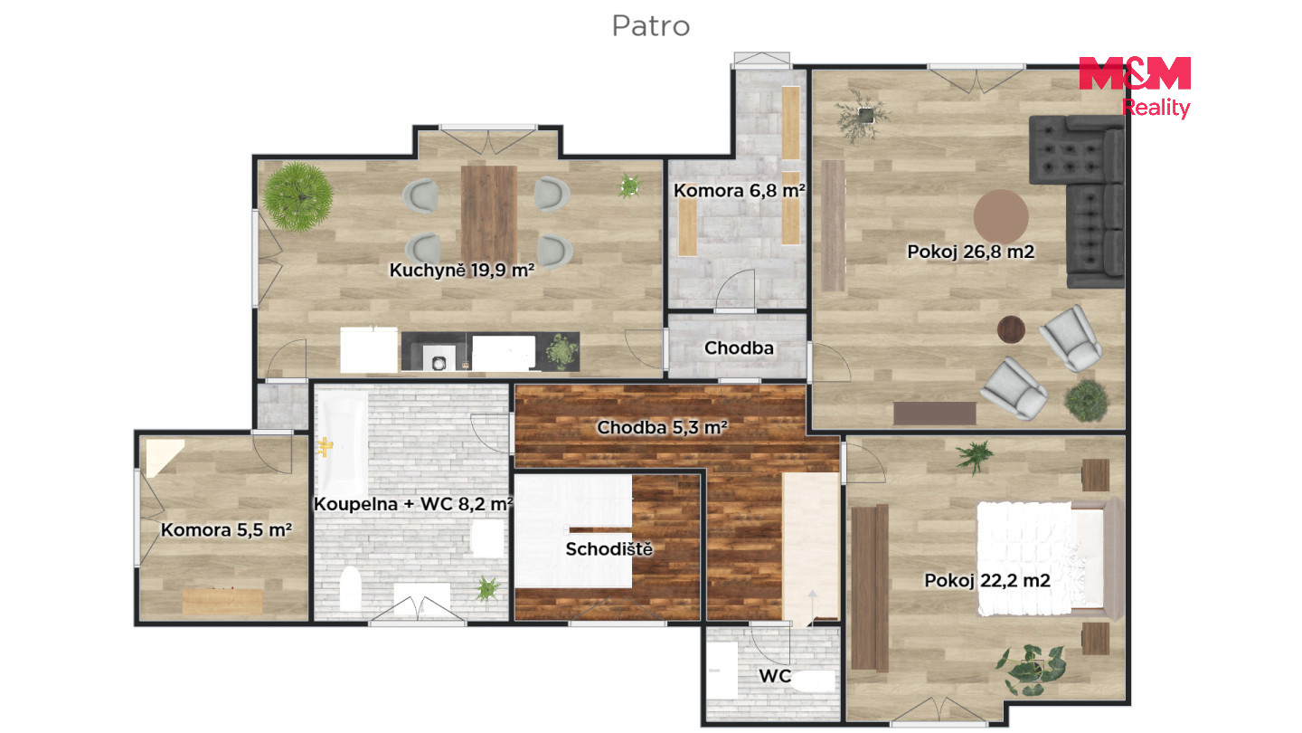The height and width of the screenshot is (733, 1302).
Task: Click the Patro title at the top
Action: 650,26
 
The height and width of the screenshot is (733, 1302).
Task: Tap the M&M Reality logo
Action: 1135,87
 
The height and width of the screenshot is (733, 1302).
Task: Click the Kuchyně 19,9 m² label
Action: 461,270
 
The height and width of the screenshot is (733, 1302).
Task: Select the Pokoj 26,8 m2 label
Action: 971,252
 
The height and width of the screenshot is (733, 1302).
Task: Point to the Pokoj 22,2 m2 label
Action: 987,580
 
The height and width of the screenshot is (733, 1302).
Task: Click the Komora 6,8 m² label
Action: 739,190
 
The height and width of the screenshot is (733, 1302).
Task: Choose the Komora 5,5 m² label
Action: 226,529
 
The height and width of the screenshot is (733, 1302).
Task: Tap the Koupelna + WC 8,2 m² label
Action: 412,503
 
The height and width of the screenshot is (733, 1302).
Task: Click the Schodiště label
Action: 609,548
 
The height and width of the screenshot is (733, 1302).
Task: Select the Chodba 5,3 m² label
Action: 662,427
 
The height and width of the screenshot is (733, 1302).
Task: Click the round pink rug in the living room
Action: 1001,216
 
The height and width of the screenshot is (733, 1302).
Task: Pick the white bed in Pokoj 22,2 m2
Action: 1041,558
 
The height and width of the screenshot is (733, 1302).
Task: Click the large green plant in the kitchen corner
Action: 297,197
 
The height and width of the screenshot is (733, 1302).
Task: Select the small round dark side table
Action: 1011,329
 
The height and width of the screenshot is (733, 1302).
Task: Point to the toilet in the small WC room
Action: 814,681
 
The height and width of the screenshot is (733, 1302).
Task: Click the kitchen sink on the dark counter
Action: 439,359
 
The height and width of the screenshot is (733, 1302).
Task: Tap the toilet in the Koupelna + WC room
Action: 350,589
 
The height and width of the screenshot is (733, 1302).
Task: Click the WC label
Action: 775,675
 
